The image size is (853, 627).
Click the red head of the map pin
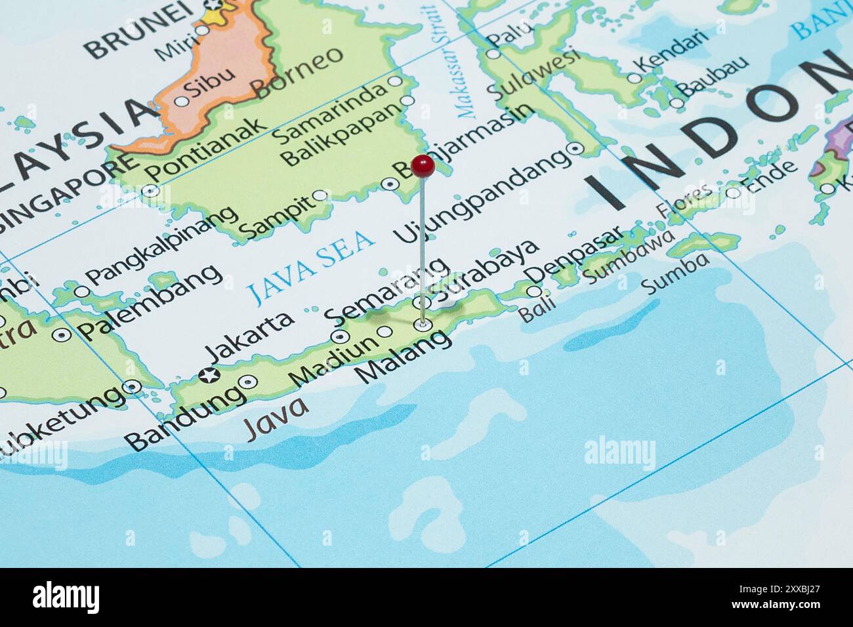(423, 166)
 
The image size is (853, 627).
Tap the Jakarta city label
(249, 337)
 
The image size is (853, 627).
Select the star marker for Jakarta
(209, 376)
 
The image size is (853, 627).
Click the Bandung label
(185, 418)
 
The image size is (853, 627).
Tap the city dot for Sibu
(181, 102)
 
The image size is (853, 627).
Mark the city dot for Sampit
(320, 195)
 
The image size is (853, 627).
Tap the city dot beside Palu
(492, 54)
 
